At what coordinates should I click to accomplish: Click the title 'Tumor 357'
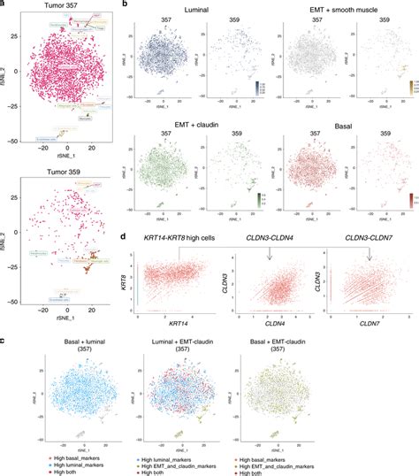click(61, 7)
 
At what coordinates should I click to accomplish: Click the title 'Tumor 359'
click(61, 167)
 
